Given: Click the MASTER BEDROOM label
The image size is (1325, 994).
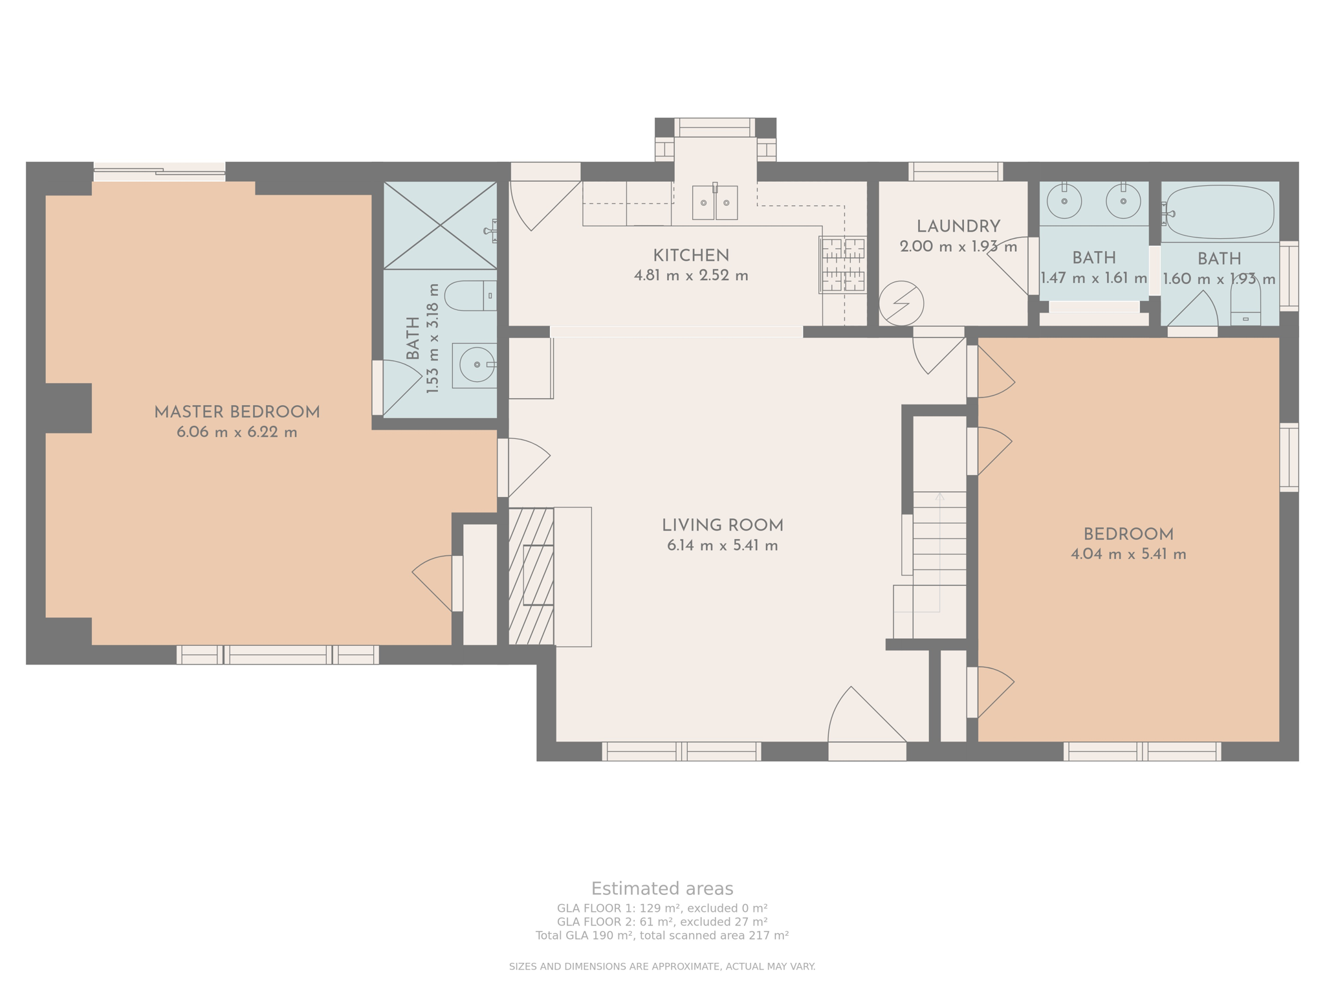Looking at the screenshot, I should [x=237, y=412].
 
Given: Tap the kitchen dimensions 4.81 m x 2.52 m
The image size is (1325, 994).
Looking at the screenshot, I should [x=691, y=276].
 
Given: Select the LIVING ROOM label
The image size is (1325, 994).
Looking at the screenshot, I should [x=722, y=525].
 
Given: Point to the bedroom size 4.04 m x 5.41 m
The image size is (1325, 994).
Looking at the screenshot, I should [x=1128, y=555].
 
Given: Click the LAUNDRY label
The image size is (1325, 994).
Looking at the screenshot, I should [x=958, y=226].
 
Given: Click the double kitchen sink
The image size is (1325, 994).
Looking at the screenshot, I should [x=714, y=203].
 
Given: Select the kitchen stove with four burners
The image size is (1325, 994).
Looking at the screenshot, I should [x=842, y=265].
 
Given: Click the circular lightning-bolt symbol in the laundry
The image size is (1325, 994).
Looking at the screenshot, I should [x=901, y=303].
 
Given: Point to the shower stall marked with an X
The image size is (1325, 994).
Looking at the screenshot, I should [x=440, y=225].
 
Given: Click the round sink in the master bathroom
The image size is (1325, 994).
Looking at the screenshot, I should [x=477, y=365].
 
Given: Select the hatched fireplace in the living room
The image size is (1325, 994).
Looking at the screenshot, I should [x=531, y=576].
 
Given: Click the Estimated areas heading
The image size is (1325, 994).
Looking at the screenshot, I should [x=662, y=889].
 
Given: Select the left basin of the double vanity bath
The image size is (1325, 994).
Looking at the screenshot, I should [x=1064, y=201].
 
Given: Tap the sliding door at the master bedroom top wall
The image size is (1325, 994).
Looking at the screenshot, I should [x=159, y=171].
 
